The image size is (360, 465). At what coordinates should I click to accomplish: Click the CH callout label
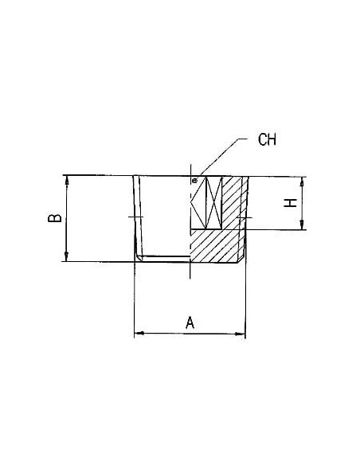point(267,139)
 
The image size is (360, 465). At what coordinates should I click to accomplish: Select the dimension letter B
point(55,218)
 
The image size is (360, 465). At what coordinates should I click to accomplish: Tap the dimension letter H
point(291,203)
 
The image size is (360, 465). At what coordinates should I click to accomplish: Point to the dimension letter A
point(190,322)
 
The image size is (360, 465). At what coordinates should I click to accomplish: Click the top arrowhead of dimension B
point(67,180)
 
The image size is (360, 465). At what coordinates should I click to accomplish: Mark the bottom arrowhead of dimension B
point(67,257)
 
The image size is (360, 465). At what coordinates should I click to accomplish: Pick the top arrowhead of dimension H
point(302,182)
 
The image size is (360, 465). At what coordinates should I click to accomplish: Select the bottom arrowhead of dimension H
point(302,225)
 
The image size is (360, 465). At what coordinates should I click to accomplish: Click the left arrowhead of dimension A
point(139,334)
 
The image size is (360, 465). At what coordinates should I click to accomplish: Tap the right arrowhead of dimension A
point(241,334)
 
